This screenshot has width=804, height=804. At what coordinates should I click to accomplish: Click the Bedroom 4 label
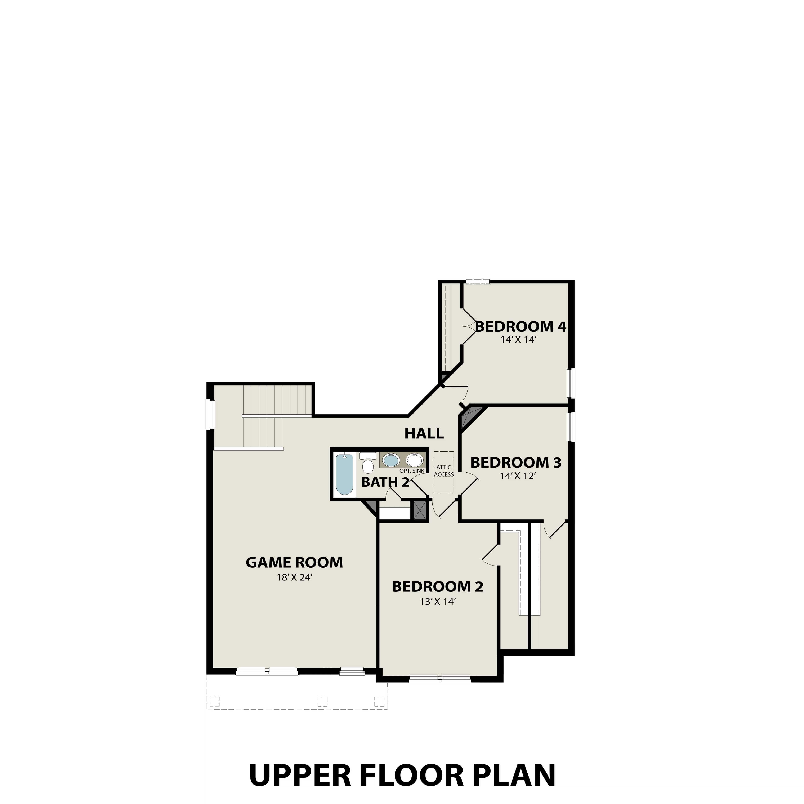[521, 327]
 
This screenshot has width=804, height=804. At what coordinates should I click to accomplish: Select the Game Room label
[294, 563]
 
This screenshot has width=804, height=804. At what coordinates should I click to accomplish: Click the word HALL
[424, 434]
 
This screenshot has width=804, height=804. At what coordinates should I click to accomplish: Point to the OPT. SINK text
[412, 471]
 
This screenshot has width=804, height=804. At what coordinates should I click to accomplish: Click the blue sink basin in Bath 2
[391, 461]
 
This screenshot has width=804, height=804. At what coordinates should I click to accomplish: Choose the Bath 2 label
[385, 482]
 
